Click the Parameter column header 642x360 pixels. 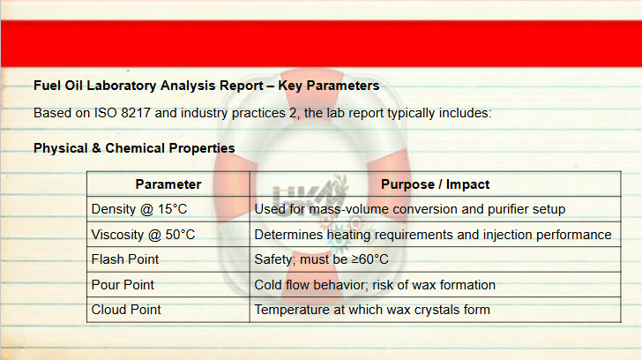point(168,184)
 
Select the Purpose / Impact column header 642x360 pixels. point(436,184)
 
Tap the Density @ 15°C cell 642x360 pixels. point(139,209)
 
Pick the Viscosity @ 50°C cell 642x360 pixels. point(143,235)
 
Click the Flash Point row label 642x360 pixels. point(125,259)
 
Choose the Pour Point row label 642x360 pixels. point(123,285)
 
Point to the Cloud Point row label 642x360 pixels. point(126,310)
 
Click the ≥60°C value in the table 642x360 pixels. point(370,259)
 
